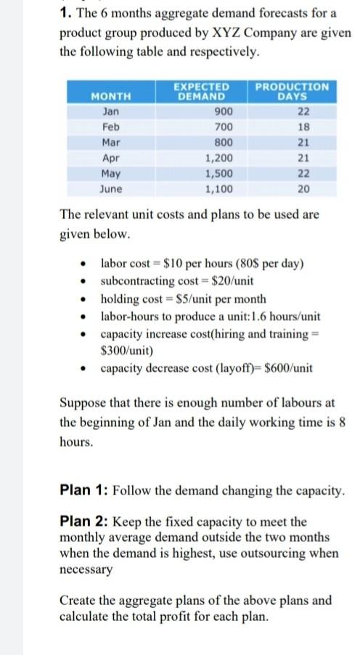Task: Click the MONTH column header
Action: point(111,96)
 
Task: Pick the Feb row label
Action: point(111,126)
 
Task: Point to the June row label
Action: point(111,189)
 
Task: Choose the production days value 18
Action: point(304,126)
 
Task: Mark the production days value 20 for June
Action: point(304,189)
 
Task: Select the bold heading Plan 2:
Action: point(86,521)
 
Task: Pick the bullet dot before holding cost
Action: point(86,299)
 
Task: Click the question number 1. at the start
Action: point(65,13)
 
